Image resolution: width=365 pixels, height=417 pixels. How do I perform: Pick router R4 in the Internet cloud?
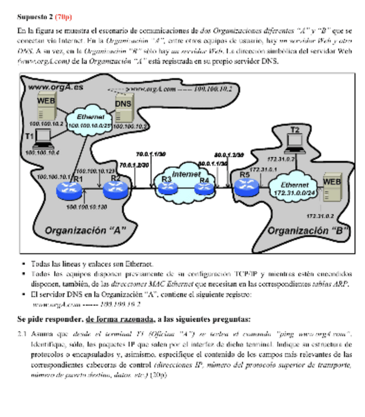pos(205,186)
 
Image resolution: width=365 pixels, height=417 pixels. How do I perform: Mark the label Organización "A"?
pos(86,230)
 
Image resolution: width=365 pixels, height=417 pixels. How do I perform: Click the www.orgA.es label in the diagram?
pos(55,87)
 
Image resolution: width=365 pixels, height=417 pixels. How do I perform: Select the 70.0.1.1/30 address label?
pos(151,153)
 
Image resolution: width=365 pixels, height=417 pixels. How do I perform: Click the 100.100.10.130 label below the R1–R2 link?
pos(87,207)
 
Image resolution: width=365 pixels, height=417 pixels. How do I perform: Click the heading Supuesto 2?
pos(34,17)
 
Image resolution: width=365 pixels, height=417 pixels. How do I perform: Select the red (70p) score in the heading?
pos(63,17)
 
